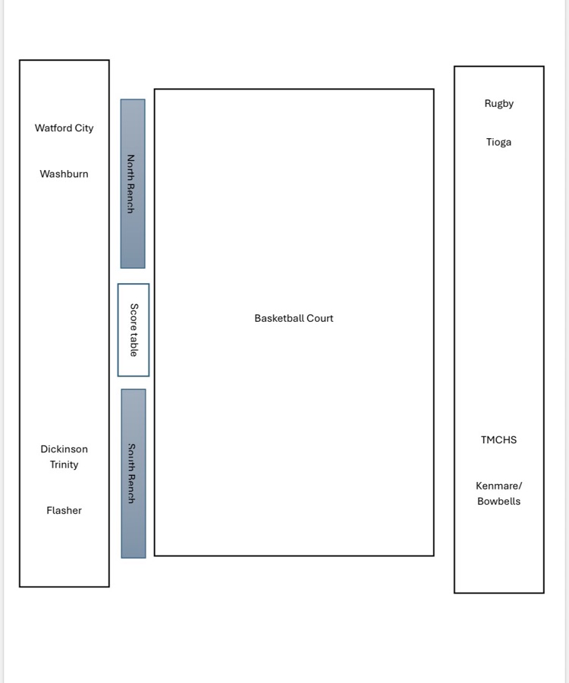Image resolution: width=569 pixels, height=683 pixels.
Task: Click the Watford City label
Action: (64, 128)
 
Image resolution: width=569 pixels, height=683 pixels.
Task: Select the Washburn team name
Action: (64, 174)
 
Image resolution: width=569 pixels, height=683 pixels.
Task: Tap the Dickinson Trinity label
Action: (64, 457)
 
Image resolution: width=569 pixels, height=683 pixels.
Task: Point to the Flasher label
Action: (64, 511)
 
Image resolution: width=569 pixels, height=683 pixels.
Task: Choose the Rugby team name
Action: (499, 104)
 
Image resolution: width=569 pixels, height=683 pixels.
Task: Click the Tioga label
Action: (499, 142)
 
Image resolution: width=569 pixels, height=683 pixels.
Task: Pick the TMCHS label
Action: (499, 440)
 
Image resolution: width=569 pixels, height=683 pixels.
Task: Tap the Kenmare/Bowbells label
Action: (499, 493)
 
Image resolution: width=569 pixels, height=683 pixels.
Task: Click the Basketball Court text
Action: (294, 319)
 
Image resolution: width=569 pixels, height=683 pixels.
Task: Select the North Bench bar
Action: (133, 184)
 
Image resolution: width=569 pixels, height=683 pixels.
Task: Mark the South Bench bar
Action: (134, 474)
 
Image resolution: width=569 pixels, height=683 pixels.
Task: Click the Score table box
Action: (134, 330)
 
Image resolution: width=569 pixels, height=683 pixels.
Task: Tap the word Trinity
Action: (64, 465)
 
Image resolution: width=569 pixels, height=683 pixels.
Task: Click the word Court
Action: (318, 319)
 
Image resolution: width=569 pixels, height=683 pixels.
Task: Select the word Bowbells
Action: (499, 502)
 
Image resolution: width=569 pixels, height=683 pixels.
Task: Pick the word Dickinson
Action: (64, 449)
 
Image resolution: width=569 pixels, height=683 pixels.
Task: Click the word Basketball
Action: (277, 319)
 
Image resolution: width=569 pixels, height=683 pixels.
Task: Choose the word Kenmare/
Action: (499, 486)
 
